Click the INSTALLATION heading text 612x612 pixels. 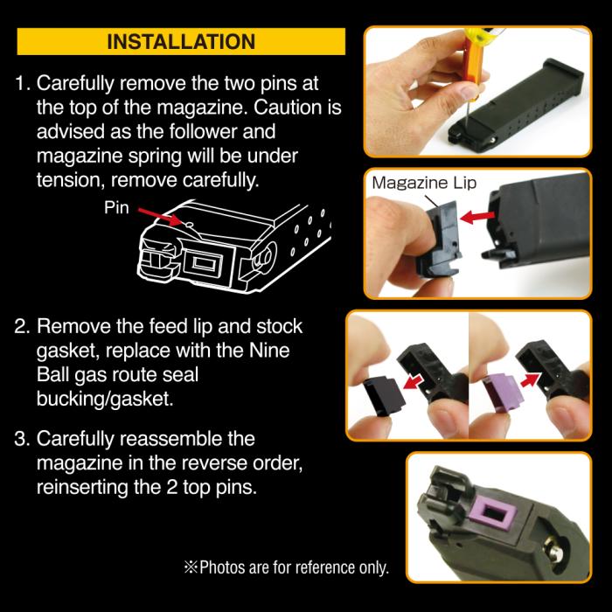[181, 42]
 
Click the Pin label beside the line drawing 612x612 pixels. [116, 208]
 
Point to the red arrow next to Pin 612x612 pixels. [160, 217]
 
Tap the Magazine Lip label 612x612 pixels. [424, 183]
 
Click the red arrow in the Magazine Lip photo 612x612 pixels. [477, 217]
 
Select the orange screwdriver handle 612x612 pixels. [470, 62]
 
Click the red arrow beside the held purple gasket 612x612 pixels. [531, 379]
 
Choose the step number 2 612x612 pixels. [22, 326]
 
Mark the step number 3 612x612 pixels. [22, 439]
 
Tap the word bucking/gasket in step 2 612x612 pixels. [105, 400]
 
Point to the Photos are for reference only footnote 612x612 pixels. [287, 567]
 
